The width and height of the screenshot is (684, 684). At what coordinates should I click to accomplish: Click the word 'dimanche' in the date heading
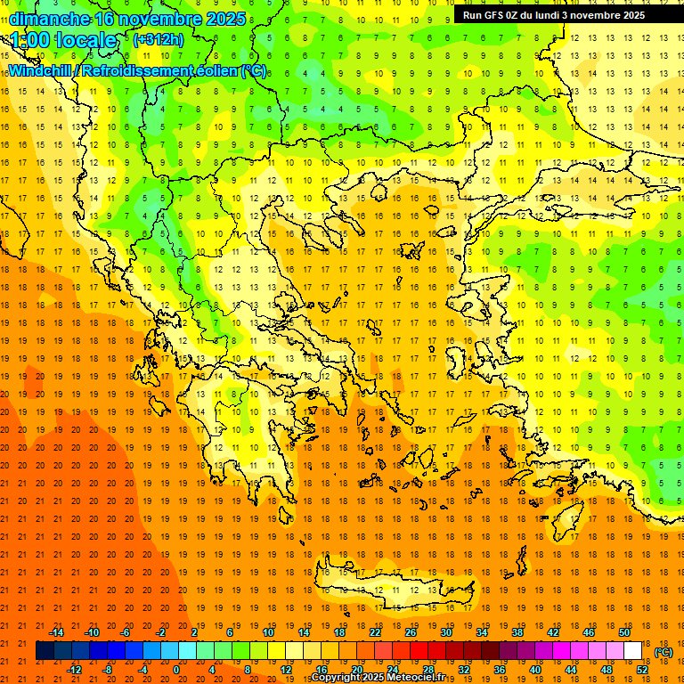49,19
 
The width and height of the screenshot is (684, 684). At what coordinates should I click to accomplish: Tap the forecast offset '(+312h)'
158,39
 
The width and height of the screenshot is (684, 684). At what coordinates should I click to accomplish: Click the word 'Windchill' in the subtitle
40,70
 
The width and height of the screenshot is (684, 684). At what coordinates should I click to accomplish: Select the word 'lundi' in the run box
562,15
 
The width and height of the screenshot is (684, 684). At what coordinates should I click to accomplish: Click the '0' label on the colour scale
175,669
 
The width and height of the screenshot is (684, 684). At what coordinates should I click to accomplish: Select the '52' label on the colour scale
642,669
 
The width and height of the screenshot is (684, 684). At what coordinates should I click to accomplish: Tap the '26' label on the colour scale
411,632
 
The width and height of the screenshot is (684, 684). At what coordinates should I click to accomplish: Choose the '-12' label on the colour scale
74,669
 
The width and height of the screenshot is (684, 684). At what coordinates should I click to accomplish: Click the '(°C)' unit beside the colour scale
664,651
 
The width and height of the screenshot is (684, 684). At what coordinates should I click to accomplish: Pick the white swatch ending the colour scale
632,651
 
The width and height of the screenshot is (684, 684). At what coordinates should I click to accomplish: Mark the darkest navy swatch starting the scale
45,651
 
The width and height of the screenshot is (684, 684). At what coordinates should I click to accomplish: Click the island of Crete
392,588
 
